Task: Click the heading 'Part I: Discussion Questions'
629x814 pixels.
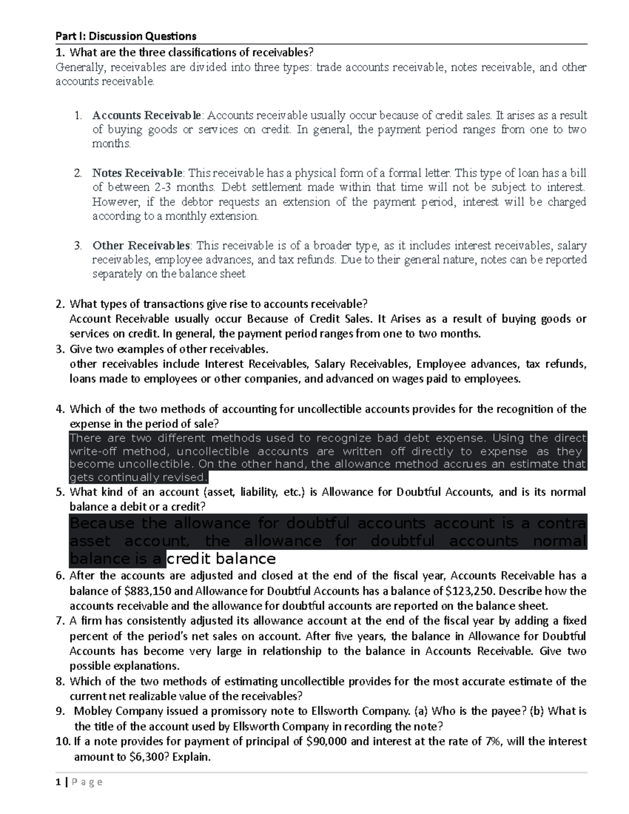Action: point(126,36)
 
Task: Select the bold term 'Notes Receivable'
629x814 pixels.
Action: point(137,173)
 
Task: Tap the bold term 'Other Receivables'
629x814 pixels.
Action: point(142,245)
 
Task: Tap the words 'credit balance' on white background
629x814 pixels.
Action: point(221,558)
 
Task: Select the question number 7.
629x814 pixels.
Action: point(60,621)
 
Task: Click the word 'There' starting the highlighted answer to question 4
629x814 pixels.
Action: point(85,438)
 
